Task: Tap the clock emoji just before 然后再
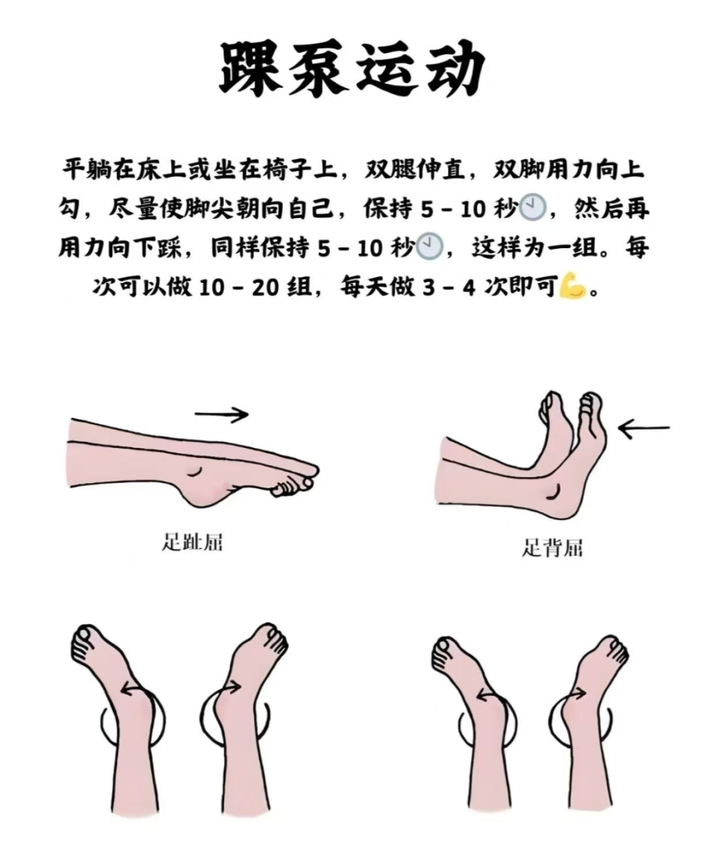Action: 532,209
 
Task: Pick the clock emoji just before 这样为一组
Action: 429,247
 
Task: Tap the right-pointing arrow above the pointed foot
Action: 222,415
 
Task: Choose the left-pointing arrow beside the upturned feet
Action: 644,428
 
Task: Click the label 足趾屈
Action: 192,544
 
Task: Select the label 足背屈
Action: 552,548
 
